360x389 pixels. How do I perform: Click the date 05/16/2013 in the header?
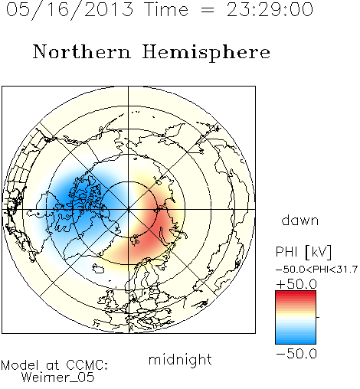pos(70,9)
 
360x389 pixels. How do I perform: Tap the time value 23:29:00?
pos(270,9)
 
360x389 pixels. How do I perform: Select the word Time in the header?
pos(166,9)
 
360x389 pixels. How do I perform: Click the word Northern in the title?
pos(82,51)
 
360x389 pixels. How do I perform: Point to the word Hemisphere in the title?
pos(206,52)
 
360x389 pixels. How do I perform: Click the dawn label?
pos(300,220)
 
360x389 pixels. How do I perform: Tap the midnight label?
pos(180,359)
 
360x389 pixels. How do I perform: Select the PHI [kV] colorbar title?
pos(303,252)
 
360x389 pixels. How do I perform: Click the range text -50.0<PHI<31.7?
pos(316,270)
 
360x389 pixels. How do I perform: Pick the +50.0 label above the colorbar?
pos(296,284)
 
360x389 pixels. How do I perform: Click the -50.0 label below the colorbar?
pos(296,354)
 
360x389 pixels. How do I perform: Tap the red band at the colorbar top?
pos(296,293)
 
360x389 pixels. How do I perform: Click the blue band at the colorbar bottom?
pos(296,341)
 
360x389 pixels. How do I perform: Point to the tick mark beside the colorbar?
pos(318,317)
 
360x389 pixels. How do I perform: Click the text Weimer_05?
pos(57,378)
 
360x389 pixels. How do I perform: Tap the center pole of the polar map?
pos(129,209)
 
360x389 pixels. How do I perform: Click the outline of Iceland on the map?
pos(98,269)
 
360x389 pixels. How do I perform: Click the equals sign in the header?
pos(208,10)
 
